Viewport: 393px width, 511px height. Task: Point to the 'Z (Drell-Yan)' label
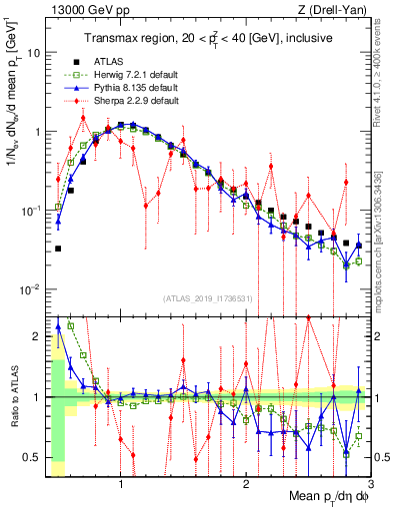(337, 9)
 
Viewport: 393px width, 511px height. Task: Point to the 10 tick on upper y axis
(37, 52)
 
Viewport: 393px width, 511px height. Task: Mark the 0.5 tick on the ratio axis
(34, 457)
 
